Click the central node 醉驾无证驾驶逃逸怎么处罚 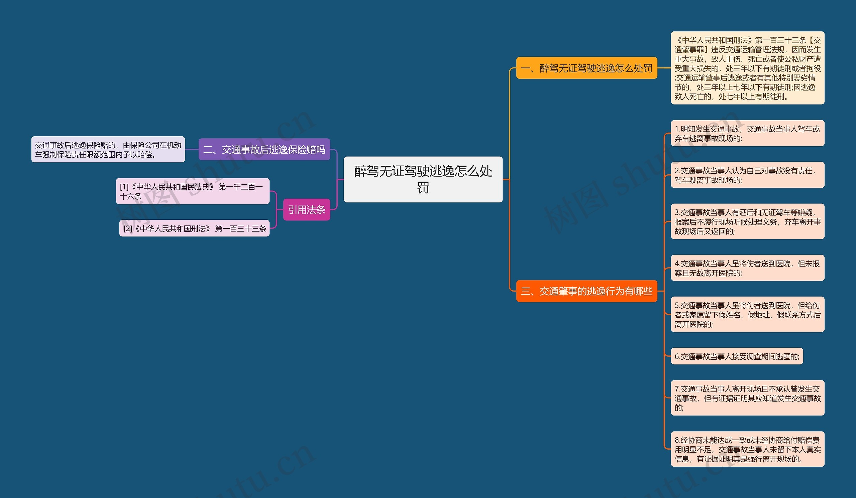423,179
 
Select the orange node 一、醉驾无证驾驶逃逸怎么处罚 586,68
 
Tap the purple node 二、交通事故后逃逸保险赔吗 264,149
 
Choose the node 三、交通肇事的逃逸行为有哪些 586,291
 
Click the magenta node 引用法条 306,210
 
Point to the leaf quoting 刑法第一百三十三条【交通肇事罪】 747,68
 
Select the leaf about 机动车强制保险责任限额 108,150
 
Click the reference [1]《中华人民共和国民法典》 193,191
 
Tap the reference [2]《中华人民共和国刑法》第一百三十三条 194,229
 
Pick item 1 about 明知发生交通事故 747,133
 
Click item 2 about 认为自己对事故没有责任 747,175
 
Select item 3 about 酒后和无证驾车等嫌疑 747,221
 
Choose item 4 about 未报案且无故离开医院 747,268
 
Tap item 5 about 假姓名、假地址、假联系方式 747,315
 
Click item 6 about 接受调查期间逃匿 737,356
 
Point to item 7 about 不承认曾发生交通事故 747,398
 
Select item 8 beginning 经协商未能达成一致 747,449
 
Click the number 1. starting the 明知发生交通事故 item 677,129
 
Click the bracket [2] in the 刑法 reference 127,229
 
